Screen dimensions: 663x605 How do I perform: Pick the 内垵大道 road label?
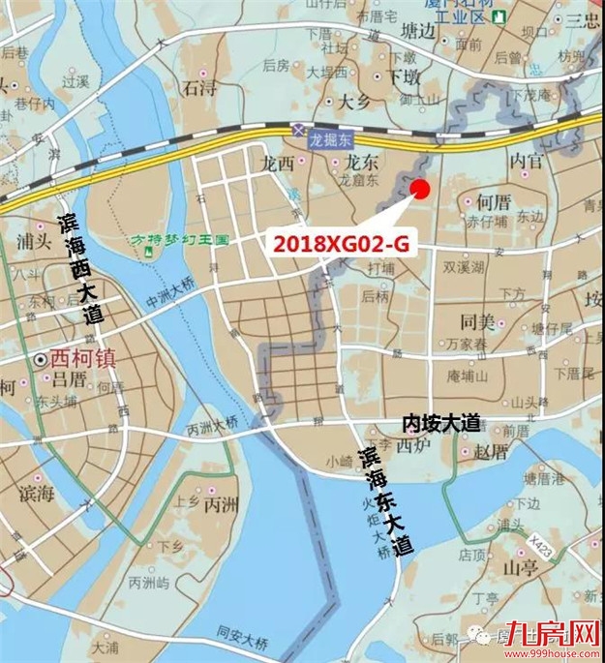[441, 424]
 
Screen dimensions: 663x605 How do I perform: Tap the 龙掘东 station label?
[332, 140]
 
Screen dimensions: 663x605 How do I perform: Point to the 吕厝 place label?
[70, 378]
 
